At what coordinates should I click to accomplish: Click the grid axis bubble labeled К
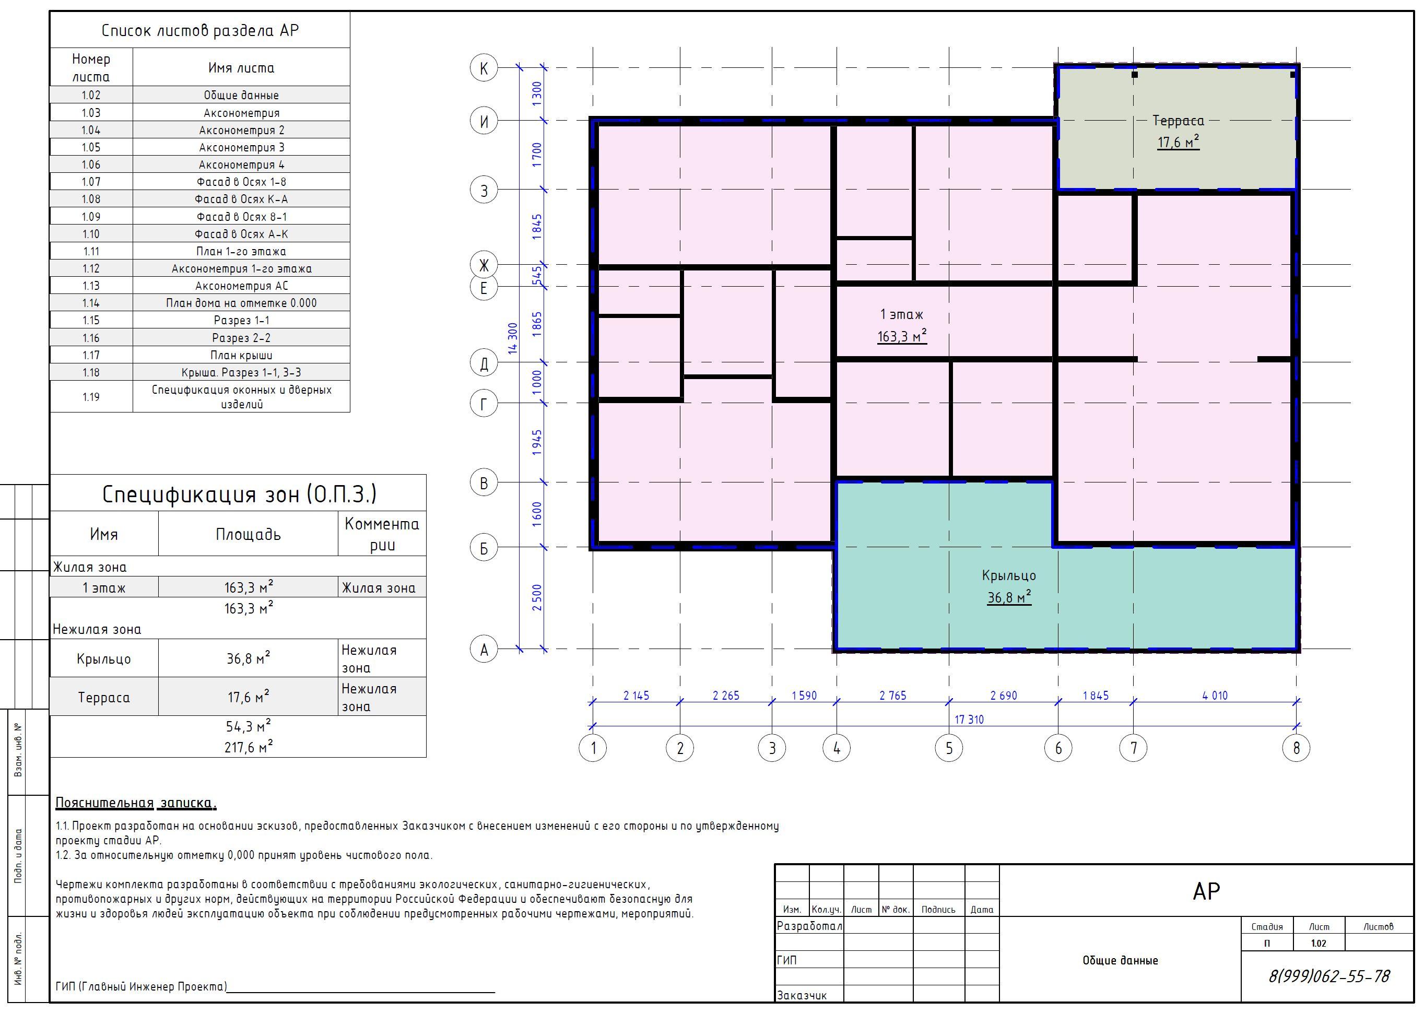(484, 67)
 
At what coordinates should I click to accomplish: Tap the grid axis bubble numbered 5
(949, 748)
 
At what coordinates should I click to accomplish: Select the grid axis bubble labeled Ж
(484, 265)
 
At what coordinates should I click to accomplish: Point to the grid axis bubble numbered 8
(1296, 748)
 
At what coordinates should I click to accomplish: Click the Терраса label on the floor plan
(1178, 121)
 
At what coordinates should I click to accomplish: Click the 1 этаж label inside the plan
(901, 314)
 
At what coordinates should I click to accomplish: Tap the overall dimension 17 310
(969, 719)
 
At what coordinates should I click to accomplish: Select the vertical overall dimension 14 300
(513, 338)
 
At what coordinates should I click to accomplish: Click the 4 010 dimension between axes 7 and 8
(1215, 696)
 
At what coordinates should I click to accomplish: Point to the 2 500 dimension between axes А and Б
(537, 597)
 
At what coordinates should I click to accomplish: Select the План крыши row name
(241, 355)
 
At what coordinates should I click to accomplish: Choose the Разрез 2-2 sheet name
(241, 338)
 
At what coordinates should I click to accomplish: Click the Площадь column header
(248, 534)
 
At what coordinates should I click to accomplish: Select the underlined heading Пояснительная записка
(136, 803)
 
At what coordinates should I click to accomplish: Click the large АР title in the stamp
(1206, 891)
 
